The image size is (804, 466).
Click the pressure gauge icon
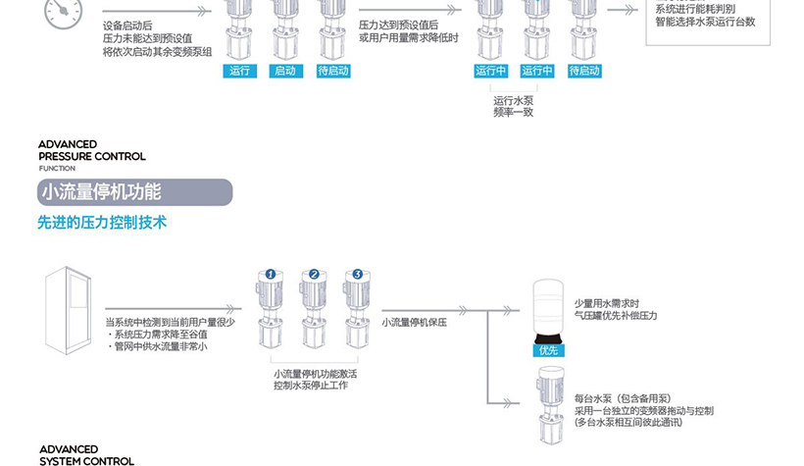pyautogui.click(x=63, y=13)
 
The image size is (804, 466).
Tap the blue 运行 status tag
pyautogui.click(x=239, y=71)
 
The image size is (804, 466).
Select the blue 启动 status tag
pyautogui.click(x=285, y=71)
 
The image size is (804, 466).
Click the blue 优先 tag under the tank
pyautogui.click(x=548, y=350)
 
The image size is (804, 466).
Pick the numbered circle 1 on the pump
pyautogui.click(x=271, y=275)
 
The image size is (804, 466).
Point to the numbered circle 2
pyautogui.click(x=315, y=275)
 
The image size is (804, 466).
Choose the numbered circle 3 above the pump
pyautogui.click(x=358, y=275)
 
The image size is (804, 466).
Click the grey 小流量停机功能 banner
pyautogui.click(x=135, y=192)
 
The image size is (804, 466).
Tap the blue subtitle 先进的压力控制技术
pyautogui.click(x=102, y=223)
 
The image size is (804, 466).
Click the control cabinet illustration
pyautogui.click(x=68, y=310)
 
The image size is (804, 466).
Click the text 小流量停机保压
pyautogui.click(x=414, y=323)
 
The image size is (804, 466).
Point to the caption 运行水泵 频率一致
pyautogui.click(x=513, y=106)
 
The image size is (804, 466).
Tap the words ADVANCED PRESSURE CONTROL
pyautogui.click(x=92, y=150)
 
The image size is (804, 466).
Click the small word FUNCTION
pyautogui.click(x=57, y=169)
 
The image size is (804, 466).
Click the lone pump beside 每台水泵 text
pyautogui.click(x=550, y=404)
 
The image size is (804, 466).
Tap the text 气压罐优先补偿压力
pyautogui.click(x=616, y=316)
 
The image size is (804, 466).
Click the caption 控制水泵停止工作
pyautogui.click(x=311, y=386)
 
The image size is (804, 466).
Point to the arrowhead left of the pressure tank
pyautogui.click(x=508, y=310)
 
